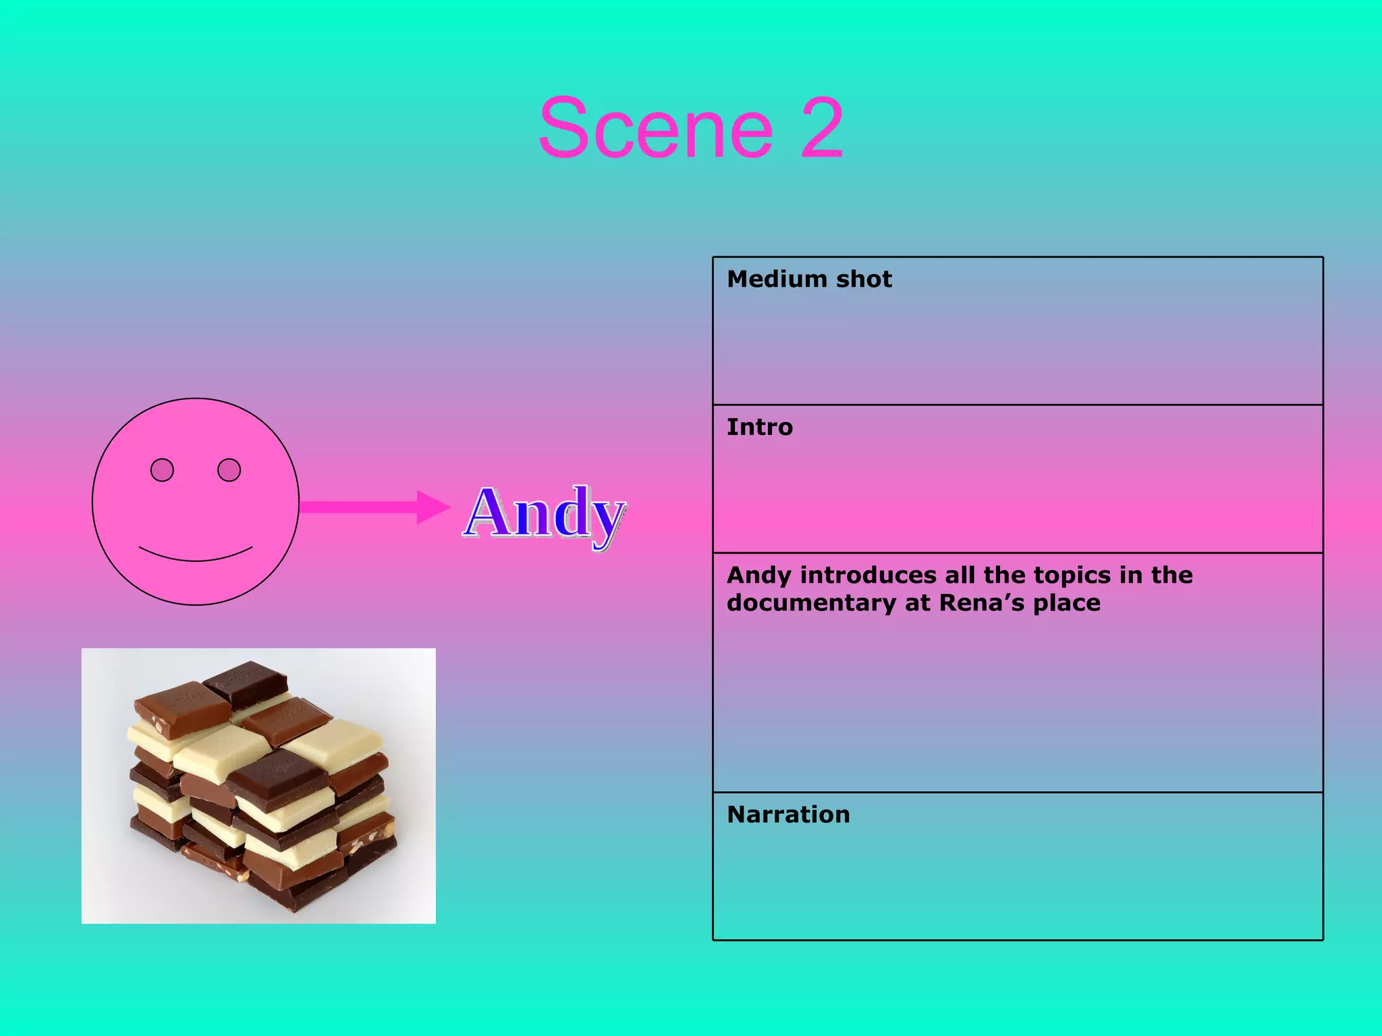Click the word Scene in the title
(655, 128)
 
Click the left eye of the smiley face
(162, 469)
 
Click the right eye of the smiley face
(229, 469)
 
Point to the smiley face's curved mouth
(196, 556)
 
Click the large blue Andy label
(545, 514)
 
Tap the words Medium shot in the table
(809, 279)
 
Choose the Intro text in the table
(760, 427)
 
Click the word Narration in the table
(788, 815)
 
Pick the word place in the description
(1067, 603)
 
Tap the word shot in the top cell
(864, 279)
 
